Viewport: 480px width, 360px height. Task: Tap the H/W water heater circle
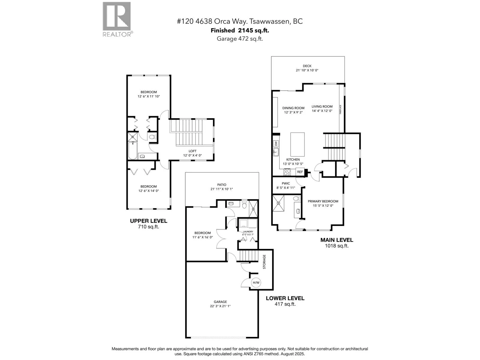pyautogui.click(x=256, y=283)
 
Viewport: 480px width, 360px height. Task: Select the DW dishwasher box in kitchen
pyautogui.click(x=276, y=144)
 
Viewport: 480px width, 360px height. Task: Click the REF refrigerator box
pyautogui.click(x=300, y=172)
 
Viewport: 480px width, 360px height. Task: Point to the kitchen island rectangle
pyautogui.click(x=297, y=145)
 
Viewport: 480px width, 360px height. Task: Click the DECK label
pyautogui.click(x=307, y=66)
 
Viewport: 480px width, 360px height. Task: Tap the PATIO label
pyautogui.click(x=222, y=185)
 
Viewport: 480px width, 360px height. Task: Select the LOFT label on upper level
pyautogui.click(x=192, y=151)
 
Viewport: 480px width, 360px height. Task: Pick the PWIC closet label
pyautogui.click(x=286, y=183)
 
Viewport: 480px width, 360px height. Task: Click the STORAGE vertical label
pyautogui.click(x=264, y=262)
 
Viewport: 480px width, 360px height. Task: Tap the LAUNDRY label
pyautogui.click(x=248, y=232)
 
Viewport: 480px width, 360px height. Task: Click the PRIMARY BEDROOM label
pyautogui.click(x=323, y=201)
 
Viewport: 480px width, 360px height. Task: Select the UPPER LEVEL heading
pyautogui.click(x=148, y=221)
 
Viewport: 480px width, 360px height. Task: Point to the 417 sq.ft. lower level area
pyautogui.click(x=285, y=304)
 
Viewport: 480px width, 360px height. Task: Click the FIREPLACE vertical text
pyautogui.click(x=340, y=109)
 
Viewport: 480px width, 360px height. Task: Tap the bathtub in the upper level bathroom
pyautogui.click(x=132, y=151)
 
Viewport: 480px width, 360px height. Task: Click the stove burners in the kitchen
pyautogui.click(x=287, y=172)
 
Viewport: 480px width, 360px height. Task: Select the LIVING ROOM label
pyautogui.click(x=322, y=106)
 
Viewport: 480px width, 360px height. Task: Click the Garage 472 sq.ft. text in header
pyautogui.click(x=240, y=39)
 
